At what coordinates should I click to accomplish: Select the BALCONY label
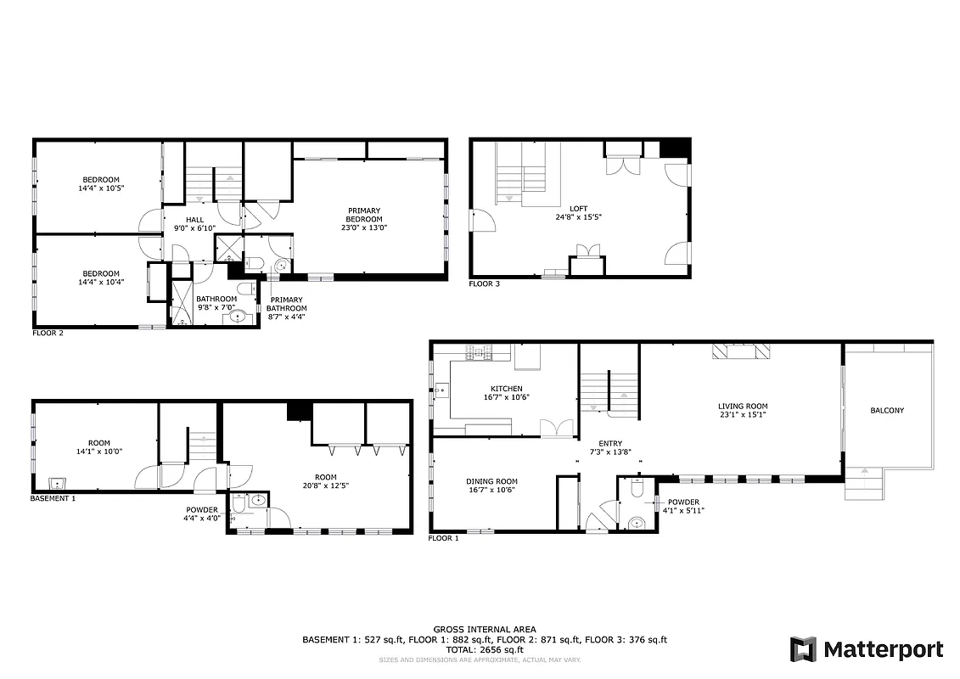(x=887, y=411)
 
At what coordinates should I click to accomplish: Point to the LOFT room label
(x=578, y=208)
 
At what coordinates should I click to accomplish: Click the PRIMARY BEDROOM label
(x=363, y=215)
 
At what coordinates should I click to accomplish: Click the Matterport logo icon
(x=803, y=650)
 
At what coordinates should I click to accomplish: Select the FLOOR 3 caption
(x=484, y=284)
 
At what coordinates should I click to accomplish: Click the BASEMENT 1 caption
(x=53, y=499)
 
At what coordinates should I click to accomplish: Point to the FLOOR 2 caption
(x=48, y=334)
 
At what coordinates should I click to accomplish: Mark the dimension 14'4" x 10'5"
(x=100, y=188)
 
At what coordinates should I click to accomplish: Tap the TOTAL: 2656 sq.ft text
(x=484, y=649)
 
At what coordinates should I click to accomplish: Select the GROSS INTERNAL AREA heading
(x=484, y=629)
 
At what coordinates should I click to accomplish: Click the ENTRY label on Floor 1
(x=609, y=443)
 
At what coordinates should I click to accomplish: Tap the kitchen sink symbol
(x=441, y=391)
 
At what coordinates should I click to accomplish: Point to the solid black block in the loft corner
(x=674, y=149)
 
